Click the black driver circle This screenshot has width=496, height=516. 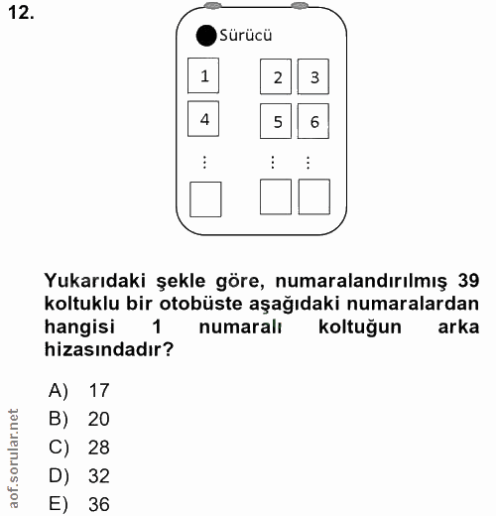click(205, 37)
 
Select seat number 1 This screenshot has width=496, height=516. click(204, 75)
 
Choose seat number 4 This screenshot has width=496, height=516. click(204, 119)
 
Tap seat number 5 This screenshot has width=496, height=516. click(278, 122)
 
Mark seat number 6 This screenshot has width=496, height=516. click(314, 122)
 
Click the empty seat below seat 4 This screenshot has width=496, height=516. click(205, 198)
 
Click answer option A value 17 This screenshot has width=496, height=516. click(98, 390)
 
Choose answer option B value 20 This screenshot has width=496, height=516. click(98, 419)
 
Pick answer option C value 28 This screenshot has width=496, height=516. click(98, 448)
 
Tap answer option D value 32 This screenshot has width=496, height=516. click(98, 476)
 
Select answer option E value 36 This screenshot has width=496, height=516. click(98, 505)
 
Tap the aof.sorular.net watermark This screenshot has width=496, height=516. click(13, 457)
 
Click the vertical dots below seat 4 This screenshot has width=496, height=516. click(204, 161)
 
